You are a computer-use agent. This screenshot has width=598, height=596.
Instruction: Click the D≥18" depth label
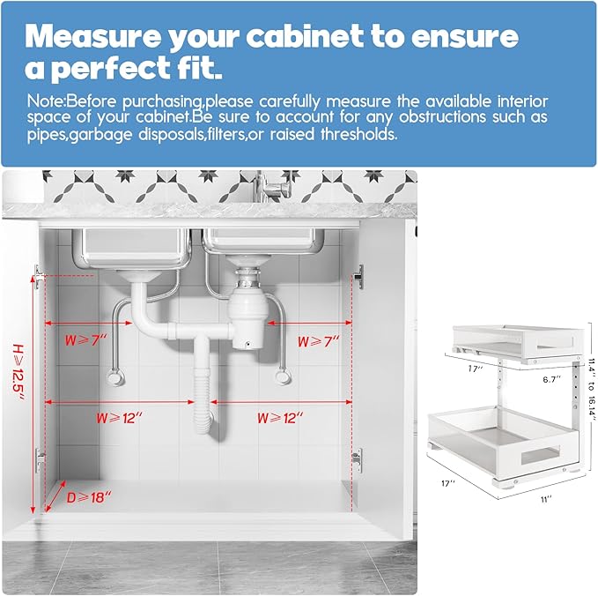[89, 497]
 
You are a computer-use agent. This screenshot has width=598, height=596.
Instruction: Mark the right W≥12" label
[280, 417]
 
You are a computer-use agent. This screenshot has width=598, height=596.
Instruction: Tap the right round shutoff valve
[283, 378]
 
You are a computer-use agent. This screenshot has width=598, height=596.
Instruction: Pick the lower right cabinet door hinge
[356, 457]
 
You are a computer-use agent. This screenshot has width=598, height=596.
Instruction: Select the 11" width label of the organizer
[545, 499]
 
